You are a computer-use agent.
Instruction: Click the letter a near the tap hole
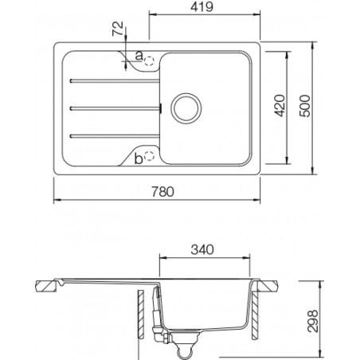(139, 56)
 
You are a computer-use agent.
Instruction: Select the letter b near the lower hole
(139, 158)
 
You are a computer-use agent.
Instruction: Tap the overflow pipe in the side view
(156, 315)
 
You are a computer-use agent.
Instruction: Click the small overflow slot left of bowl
(162, 108)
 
